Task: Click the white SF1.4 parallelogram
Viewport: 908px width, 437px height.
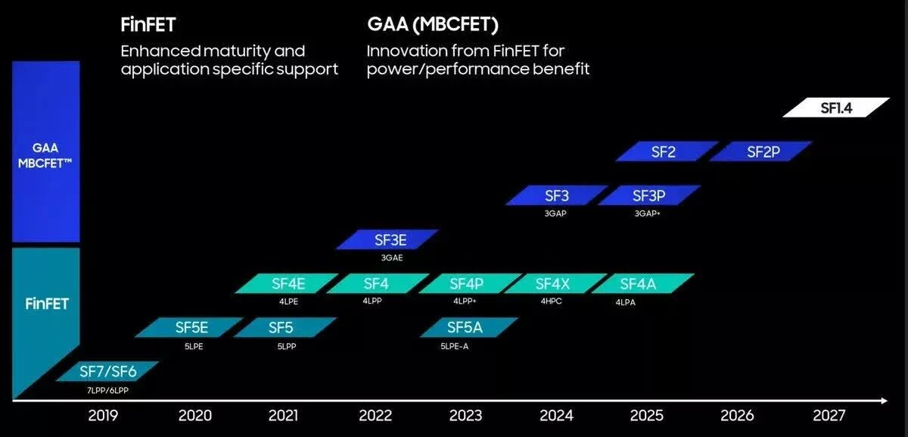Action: pos(835,108)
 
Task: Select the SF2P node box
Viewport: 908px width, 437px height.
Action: pos(763,151)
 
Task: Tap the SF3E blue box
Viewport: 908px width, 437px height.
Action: pos(388,240)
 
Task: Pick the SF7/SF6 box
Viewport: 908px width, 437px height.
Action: pos(108,372)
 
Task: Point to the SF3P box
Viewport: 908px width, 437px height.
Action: pos(648,195)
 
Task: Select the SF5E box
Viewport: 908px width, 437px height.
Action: pos(191,327)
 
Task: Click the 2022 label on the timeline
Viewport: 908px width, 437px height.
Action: pos(375,415)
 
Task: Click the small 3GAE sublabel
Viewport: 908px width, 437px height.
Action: pos(391,258)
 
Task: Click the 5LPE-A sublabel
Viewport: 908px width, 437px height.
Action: pos(455,345)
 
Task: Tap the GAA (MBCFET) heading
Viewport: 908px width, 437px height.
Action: pos(432,25)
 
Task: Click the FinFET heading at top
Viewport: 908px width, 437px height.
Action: pos(148,25)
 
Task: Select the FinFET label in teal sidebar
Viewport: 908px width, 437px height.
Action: pos(46,304)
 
